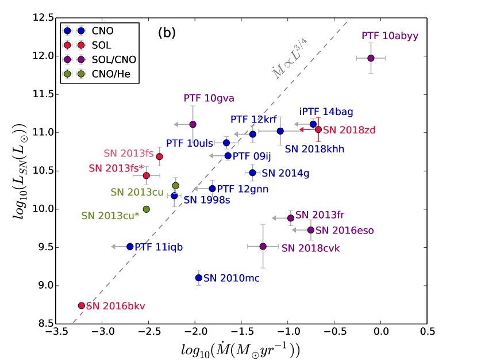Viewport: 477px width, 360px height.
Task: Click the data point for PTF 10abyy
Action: click(x=371, y=58)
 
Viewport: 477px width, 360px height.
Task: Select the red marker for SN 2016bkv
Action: click(x=81, y=305)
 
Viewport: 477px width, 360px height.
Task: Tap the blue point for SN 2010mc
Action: click(x=199, y=278)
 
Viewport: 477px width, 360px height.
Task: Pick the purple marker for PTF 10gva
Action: click(x=193, y=124)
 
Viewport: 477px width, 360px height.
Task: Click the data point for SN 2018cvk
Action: click(x=263, y=246)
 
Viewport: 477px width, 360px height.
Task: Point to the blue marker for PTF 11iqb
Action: click(x=130, y=246)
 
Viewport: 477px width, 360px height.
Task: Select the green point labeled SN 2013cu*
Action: click(x=147, y=209)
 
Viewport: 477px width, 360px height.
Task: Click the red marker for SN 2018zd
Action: click(x=318, y=129)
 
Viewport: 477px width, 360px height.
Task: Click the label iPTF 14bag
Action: click(x=326, y=112)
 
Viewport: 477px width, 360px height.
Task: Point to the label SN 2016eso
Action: click(x=345, y=230)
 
